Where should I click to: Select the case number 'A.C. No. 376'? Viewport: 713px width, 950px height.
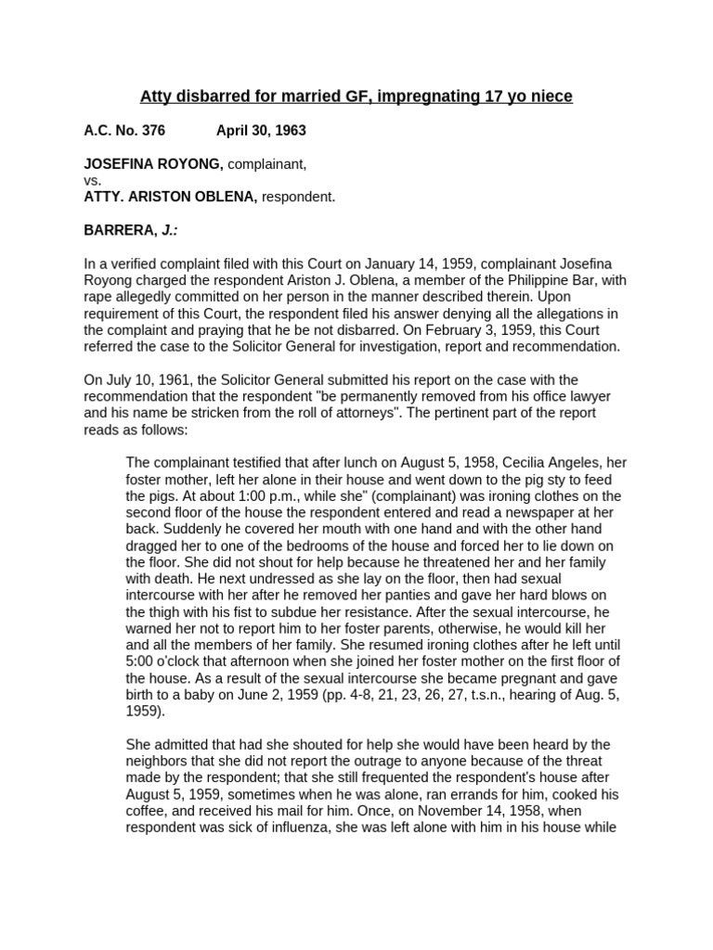tap(124, 131)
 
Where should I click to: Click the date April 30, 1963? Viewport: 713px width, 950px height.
tap(261, 131)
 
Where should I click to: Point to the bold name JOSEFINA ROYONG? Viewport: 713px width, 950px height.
tap(153, 164)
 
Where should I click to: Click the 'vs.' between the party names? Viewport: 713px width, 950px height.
tap(93, 181)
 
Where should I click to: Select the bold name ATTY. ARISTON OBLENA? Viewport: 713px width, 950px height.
tap(171, 197)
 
